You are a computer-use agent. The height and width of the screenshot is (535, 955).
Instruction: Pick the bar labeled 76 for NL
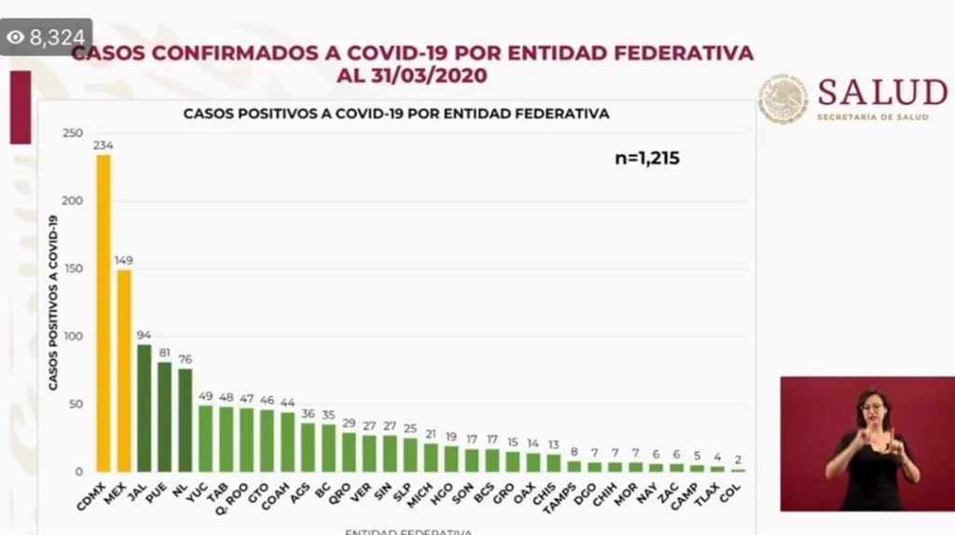coord(185,419)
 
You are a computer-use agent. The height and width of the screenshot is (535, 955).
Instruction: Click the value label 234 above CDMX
coord(103,144)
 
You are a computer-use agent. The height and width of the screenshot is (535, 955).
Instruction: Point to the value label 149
coord(123,260)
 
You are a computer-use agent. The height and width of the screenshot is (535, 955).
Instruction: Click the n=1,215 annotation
coord(647,158)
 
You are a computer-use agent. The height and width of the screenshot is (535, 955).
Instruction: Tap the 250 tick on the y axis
coord(73,133)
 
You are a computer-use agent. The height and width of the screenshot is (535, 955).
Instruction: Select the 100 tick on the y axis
coord(73,336)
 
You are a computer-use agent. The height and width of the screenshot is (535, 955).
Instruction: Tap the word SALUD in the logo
coord(881,93)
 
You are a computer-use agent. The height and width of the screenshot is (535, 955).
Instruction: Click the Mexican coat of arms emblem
coord(782,100)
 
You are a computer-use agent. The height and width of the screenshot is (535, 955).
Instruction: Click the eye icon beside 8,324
coord(16,37)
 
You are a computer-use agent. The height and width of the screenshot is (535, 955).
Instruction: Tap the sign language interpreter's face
coord(873,409)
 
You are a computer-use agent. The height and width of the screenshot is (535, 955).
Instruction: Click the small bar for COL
coord(738,470)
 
